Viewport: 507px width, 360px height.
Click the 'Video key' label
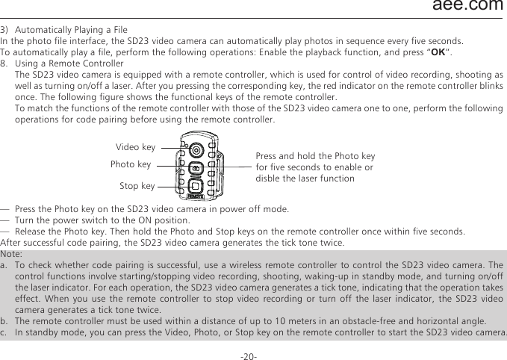(136, 147)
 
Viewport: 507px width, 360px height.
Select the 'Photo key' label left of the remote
(131, 164)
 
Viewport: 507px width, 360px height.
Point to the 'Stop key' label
(137, 184)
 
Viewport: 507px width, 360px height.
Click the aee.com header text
(468, 7)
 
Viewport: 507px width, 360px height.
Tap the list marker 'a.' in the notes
(5, 265)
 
